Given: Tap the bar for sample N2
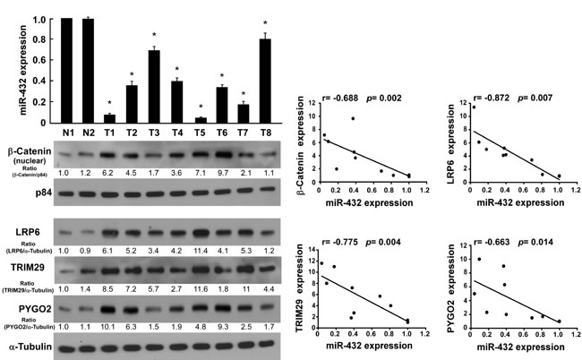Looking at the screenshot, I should (87, 71).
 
